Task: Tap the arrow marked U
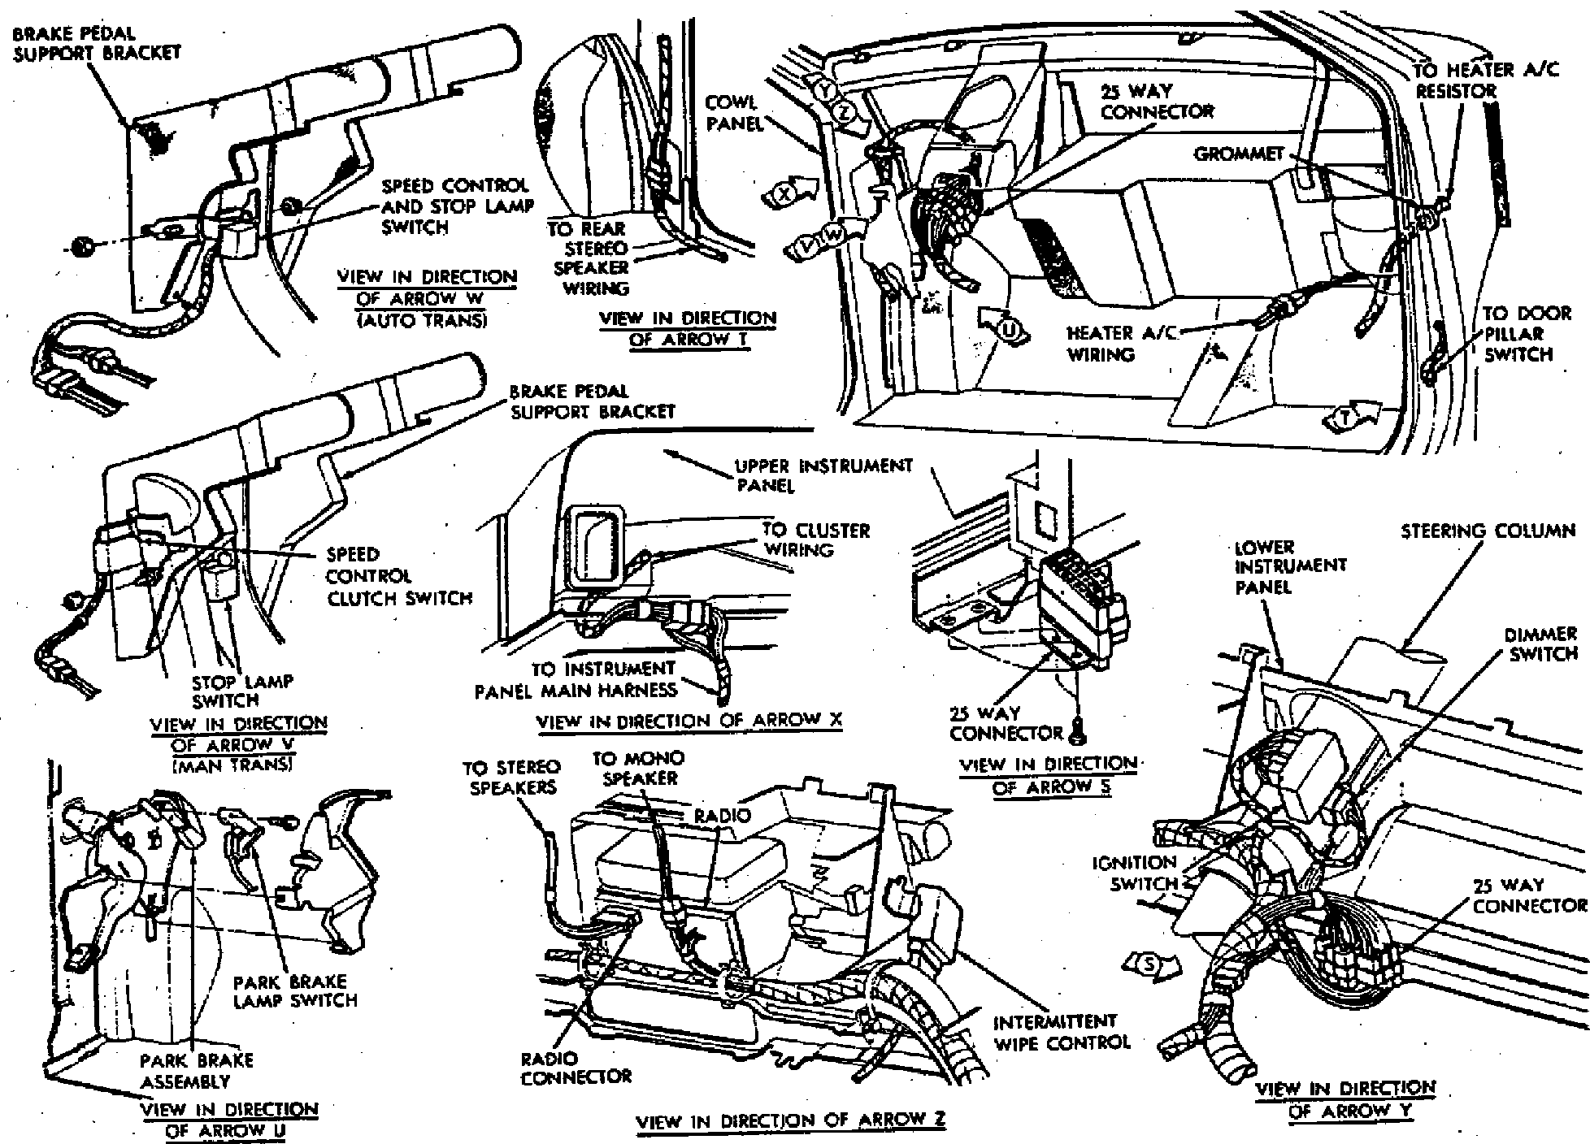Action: (1006, 327)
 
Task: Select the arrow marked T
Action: (1355, 416)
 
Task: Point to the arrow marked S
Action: (1150, 964)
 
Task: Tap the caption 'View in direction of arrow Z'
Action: (790, 1120)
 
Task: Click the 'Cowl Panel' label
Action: (731, 113)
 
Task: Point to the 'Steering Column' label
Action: (1488, 531)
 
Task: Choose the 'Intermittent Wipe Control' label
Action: (1061, 1031)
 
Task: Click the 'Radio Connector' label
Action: (576, 1068)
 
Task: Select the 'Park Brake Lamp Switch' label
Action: (295, 990)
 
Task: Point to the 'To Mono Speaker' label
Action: (637, 768)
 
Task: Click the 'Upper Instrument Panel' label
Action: (823, 475)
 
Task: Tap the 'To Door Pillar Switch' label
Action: (1517, 334)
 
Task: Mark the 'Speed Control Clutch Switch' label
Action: (398, 576)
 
